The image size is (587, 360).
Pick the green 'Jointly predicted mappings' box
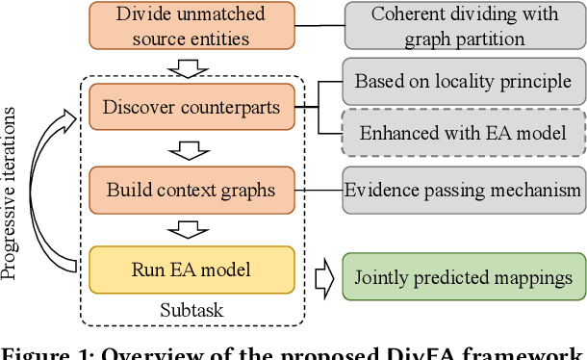click(x=465, y=278)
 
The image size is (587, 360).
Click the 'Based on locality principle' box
click(x=463, y=81)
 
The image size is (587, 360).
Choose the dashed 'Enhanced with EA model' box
click(x=463, y=133)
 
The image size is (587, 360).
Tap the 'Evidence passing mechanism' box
click(x=463, y=190)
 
